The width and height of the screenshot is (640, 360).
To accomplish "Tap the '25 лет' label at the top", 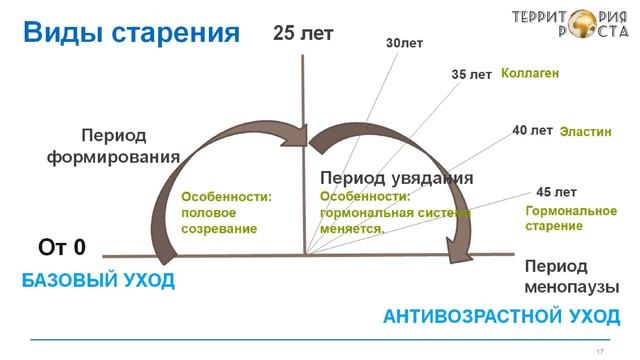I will [x=303, y=33].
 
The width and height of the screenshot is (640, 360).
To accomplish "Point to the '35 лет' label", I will [x=471, y=75].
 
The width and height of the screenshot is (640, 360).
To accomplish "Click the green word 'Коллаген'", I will [x=529, y=74].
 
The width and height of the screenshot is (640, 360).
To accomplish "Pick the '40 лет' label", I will [x=532, y=131].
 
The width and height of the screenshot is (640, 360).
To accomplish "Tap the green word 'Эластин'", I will [x=584, y=131].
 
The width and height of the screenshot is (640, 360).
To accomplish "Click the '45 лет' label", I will [x=556, y=192].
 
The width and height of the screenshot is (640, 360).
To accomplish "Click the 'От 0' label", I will [x=62, y=247].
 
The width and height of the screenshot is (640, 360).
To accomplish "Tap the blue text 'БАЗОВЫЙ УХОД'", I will [x=98, y=281].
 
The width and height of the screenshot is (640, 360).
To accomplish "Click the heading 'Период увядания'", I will [x=396, y=178].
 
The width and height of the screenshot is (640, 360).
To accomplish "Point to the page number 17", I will [x=599, y=351].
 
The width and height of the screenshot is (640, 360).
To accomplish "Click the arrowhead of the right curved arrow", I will [x=459, y=254].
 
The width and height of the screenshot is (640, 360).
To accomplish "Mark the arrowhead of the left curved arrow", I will [x=298, y=138].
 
